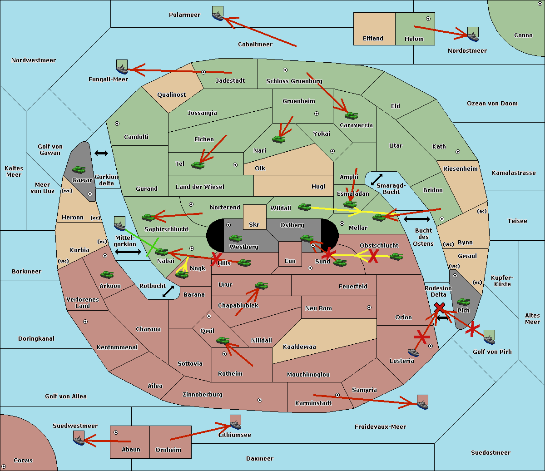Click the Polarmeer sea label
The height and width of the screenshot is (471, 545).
pyautogui.click(x=184, y=15)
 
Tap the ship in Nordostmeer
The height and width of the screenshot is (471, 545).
pyautogui.click(x=473, y=34)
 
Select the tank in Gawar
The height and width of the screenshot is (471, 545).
pyautogui.click(x=79, y=169)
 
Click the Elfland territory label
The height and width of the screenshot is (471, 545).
pyautogui.click(x=373, y=39)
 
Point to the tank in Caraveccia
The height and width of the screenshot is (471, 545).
pyautogui.click(x=351, y=115)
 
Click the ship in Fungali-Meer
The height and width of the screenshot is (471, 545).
pyautogui.click(x=122, y=67)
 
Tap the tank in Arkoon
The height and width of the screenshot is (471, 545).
pyautogui.click(x=107, y=274)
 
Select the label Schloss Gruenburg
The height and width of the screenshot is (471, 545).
pyautogui.click(x=294, y=81)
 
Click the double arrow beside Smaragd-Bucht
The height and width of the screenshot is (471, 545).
pyautogui.click(x=377, y=179)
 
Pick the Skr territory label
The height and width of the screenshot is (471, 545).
pyautogui.click(x=254, y=224)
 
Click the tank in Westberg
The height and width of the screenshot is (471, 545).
pyautogui.click(x=235, y=238)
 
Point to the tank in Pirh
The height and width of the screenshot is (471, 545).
pyautogui.click(x=463, y=302)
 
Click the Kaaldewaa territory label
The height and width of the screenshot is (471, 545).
pyautogui.click(x=299, y=347)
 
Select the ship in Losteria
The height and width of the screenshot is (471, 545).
pyautogui.click(x=413, y=352)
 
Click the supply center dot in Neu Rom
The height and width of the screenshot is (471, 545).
pyautogui.click(x=369, y=307)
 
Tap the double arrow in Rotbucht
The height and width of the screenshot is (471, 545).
pyautogui.click(x=168, y=292)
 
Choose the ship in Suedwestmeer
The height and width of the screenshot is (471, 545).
pyautogui.click(x=79, y=438)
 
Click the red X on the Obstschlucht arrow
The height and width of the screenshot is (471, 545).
pyautogui.click(x=373, y=256)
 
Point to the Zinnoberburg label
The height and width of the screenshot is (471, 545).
pyautogui.click(x=203, y=395)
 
